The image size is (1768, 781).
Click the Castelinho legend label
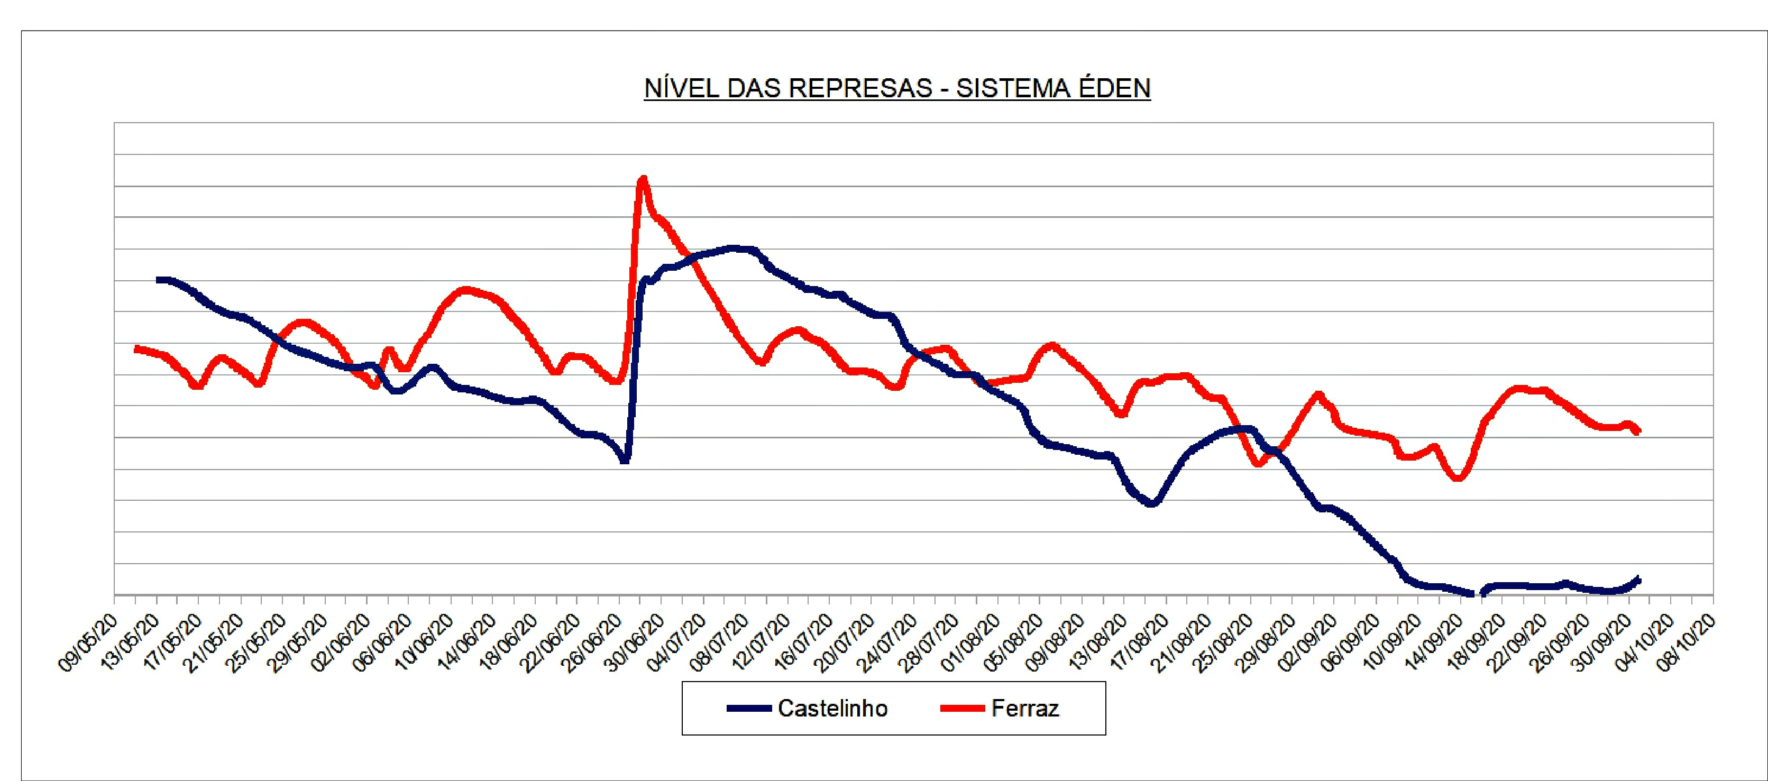click(832, 708)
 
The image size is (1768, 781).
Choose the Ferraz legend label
click(1025, 708)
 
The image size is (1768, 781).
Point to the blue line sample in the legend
click(749, 708)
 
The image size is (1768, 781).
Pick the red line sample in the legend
click(962, 708)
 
